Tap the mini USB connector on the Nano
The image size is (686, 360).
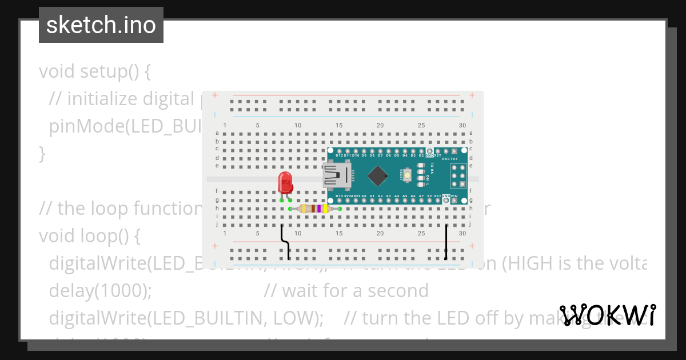337,175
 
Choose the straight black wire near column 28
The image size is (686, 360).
446,242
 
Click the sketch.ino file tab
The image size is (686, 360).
101,25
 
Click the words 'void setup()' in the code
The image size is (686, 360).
94,71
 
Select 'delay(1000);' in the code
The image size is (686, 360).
101,291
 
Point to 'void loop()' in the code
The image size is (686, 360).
89,235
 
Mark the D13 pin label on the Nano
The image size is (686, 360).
340,196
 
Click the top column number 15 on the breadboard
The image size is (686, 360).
339,126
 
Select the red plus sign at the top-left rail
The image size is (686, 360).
214,95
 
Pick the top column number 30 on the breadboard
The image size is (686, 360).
462,126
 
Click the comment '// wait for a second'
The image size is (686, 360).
346,291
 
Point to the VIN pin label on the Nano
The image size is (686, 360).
454,196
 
